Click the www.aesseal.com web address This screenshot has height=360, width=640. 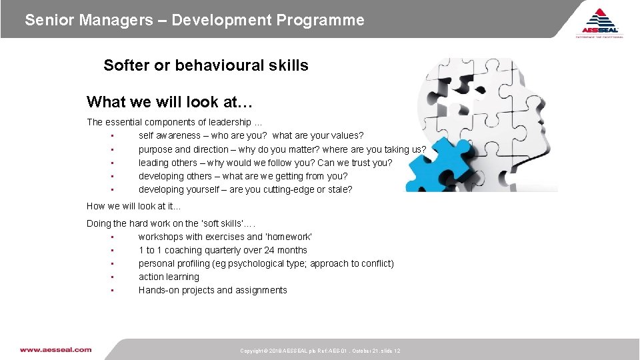pos(55,349)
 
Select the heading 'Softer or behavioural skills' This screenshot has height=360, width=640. pos(206,65)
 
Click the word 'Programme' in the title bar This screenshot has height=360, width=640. pos(325,20)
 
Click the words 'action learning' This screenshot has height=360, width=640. pos(169,277)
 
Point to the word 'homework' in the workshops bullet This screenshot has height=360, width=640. pos(289,237)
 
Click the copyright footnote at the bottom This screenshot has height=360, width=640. pos(320,351)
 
